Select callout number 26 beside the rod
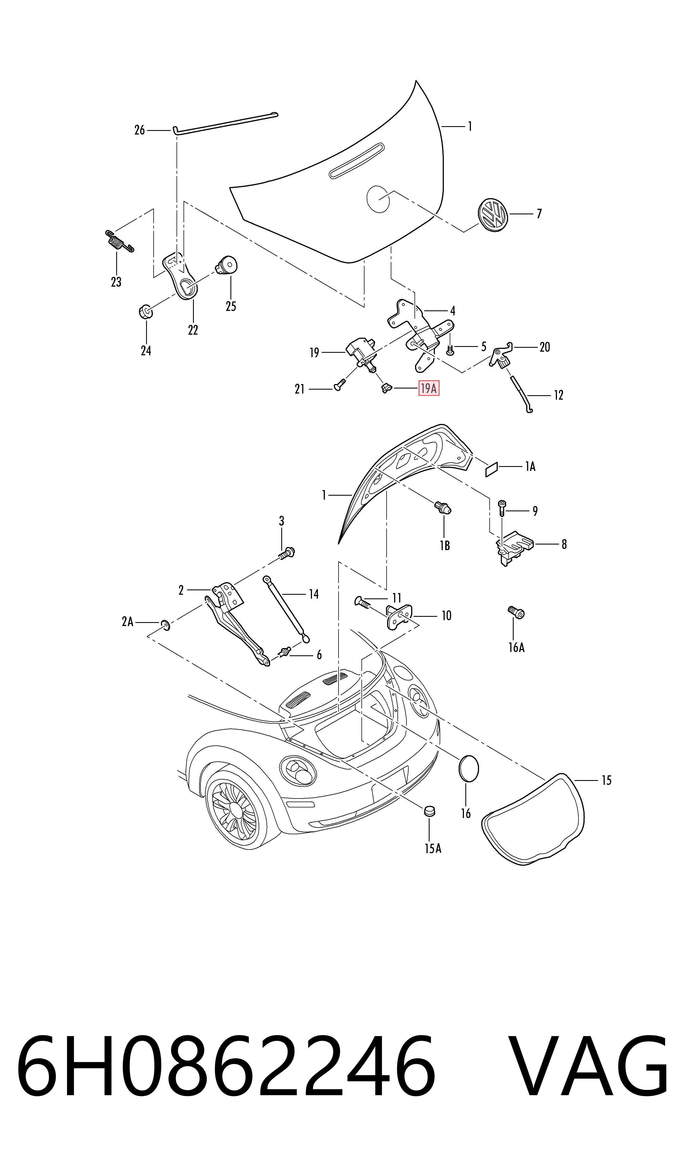[140, 130]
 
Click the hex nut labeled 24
[146, 312]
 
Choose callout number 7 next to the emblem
[539, 214]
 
